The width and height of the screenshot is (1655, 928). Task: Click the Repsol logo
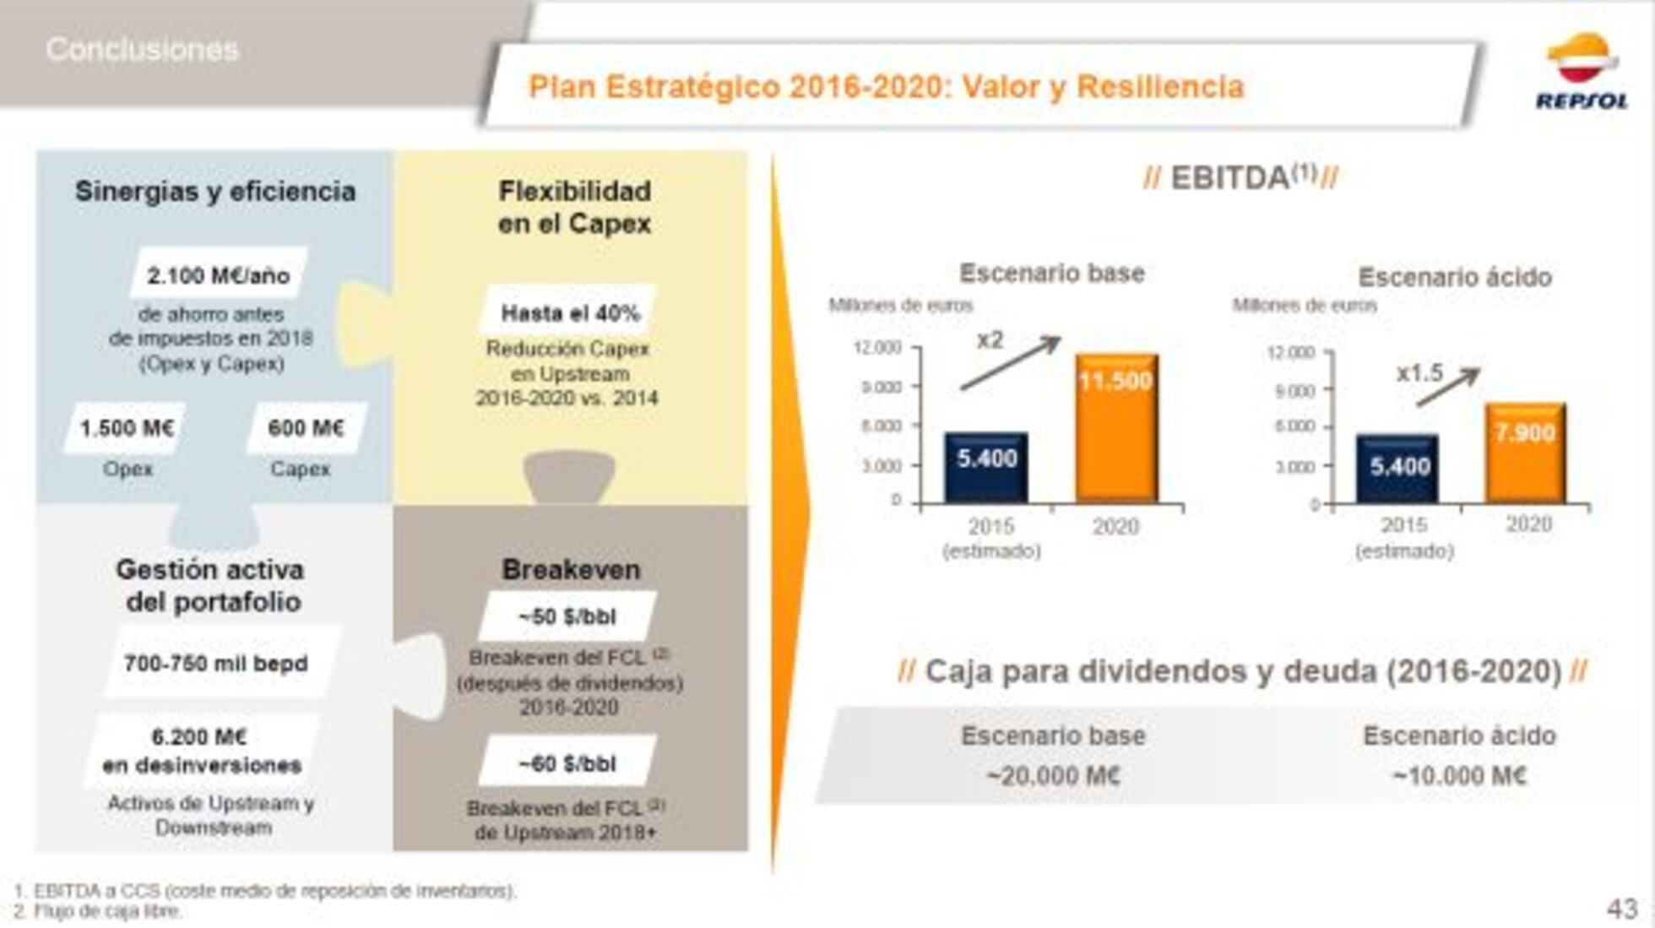[1581, 72]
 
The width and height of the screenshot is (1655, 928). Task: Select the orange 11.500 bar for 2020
[1116, 428]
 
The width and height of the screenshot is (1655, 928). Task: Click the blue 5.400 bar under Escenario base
[986, 467]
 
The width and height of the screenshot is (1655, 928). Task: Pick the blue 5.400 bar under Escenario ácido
[1398, 469]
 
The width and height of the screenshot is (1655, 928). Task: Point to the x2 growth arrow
[1012, 362]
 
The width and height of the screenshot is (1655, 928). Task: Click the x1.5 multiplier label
[1419, 372]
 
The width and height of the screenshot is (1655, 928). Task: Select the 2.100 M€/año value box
[218, 274]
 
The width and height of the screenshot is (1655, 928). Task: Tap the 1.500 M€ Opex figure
[127, 428]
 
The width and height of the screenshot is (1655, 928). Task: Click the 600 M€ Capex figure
[306, 428]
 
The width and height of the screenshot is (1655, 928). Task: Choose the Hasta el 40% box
[570, 312]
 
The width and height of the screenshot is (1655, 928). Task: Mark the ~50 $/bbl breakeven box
[567, 616]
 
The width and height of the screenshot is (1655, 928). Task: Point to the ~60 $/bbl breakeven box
[567, 763]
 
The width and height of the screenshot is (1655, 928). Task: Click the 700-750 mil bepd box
[215, 663]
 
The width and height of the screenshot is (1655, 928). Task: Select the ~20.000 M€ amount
[1053, 775]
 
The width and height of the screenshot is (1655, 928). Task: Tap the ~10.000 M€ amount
[1459, 775]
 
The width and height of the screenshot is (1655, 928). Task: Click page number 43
[1621, 909]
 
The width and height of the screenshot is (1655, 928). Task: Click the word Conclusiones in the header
[142, 50]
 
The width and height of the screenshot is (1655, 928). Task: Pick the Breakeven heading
[571, 569]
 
